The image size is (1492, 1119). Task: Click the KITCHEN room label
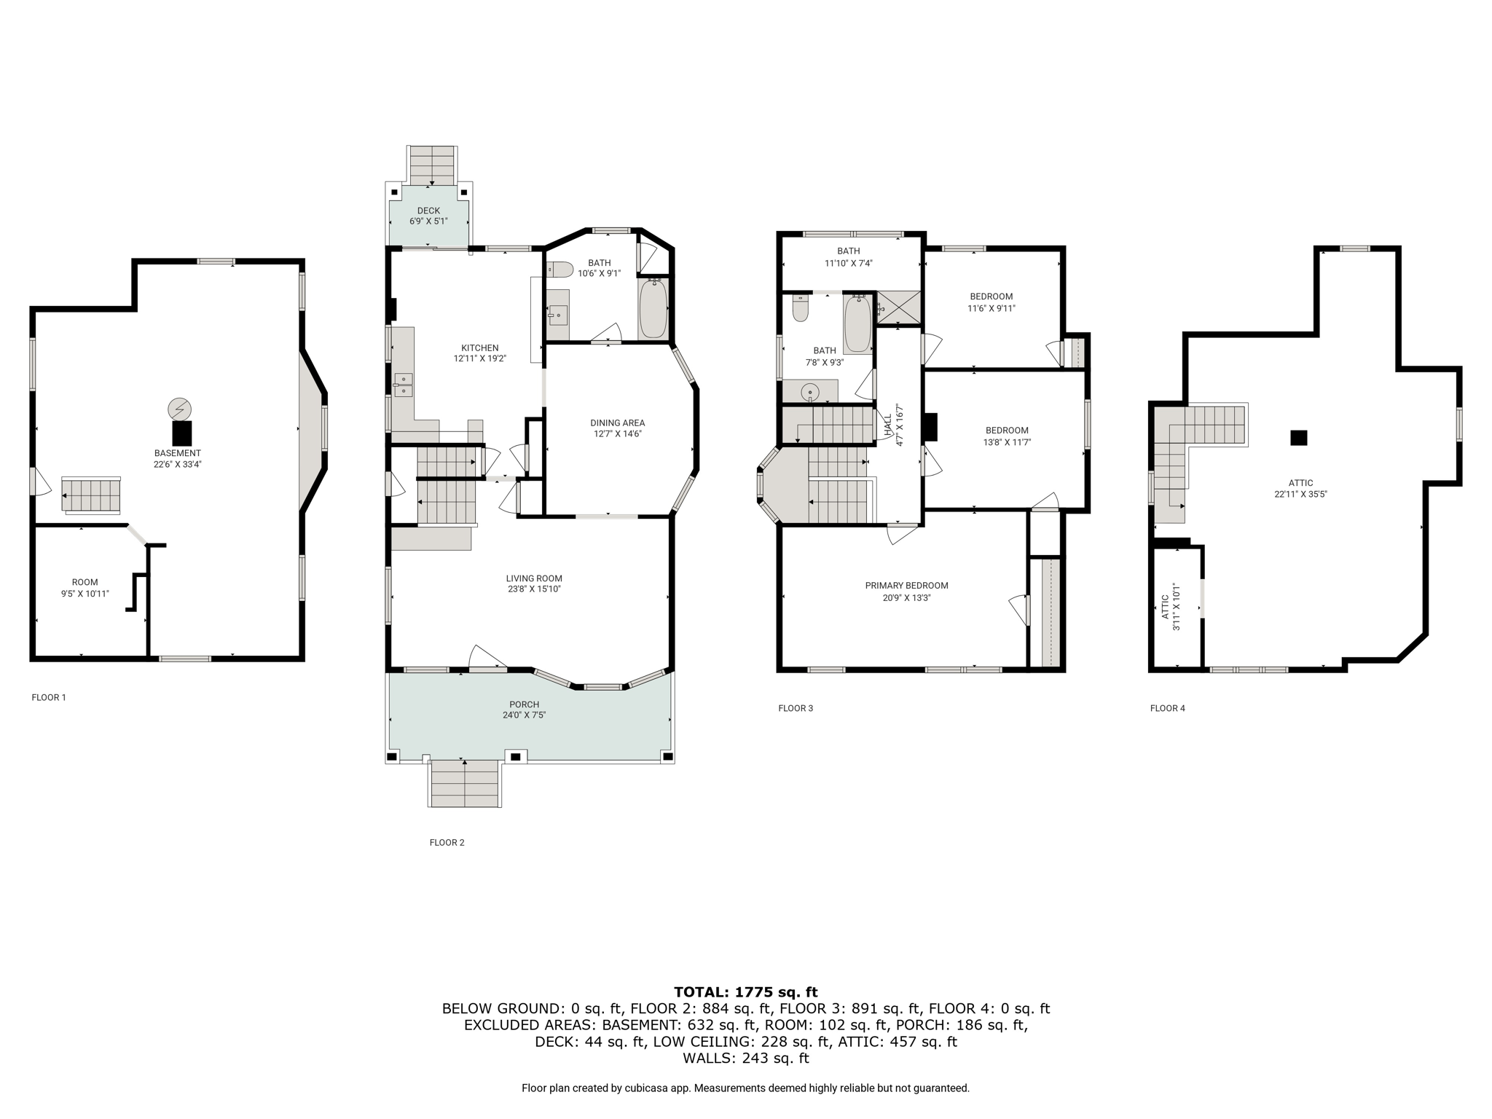(479, 348)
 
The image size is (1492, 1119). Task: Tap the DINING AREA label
(617, 423)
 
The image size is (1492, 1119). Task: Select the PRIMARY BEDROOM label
(906, 586)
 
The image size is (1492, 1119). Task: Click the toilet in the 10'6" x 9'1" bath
(559, 270)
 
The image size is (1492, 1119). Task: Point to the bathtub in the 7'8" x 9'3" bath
(857, 325)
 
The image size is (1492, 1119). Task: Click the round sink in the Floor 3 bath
(810, 393)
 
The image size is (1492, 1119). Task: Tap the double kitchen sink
(403, 385)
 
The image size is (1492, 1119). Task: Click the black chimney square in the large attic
(1298, 438)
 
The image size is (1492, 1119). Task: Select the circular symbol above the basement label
(178, 409)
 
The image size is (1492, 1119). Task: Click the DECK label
(428, 211)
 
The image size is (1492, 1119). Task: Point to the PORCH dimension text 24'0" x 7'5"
(524, 715)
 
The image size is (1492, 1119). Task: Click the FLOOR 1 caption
(49, 697)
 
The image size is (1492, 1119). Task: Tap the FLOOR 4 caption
(1167, 708)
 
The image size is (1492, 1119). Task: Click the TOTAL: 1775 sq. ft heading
(745, 992)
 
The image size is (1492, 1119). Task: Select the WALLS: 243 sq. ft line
(745, 1058)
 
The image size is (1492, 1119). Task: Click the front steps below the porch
(465, 783)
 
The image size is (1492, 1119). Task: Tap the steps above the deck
(432, 165)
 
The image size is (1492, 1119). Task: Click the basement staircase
(90, 495)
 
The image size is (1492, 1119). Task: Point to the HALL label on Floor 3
(888, 425)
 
